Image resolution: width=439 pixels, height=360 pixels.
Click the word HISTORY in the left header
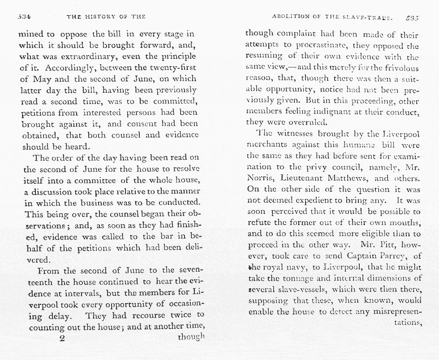click(102, 17)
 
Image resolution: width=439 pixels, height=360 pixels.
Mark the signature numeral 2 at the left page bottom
click(62, 338)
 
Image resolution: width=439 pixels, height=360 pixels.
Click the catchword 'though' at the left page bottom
click(191, 336)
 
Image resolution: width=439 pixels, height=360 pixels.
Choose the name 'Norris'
click(259, 178)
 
